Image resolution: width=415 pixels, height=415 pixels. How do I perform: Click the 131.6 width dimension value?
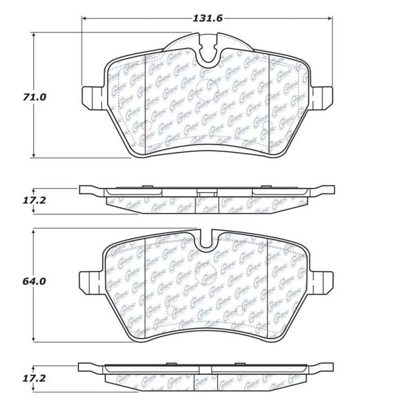tap(207, 19)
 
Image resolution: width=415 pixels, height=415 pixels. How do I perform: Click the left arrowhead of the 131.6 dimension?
tap(85, 19)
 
